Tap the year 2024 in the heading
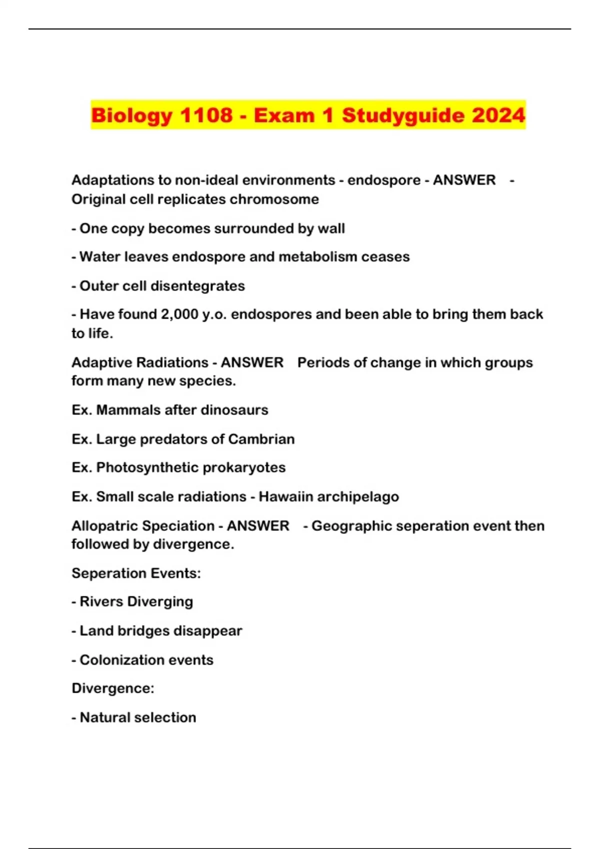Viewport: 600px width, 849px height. pyautogui.click(x=498, y=115)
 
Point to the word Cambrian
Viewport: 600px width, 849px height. pyautogui.click(x=261, y=439)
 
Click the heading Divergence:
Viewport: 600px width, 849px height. pyautogui.click(x=113, y=688)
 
